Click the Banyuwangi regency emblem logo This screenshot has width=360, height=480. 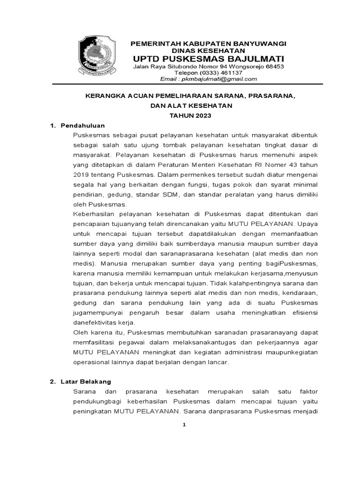(x=97, y=57)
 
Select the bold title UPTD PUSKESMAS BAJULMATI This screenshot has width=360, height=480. (x=209, y=59)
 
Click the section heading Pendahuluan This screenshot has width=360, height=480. (x=82, y=126)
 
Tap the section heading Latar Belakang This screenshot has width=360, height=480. (x=86, y=382)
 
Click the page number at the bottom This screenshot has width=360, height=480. (x=184, y=425)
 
